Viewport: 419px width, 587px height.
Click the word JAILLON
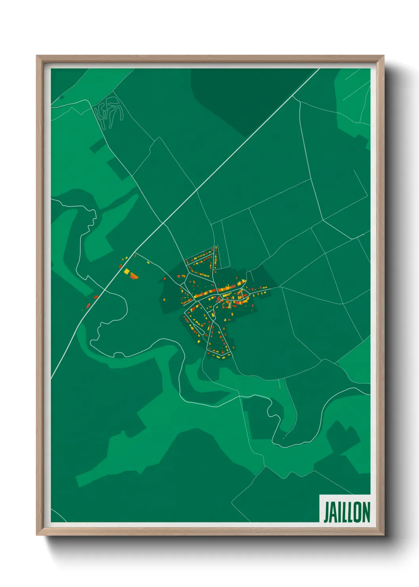pos(347,512)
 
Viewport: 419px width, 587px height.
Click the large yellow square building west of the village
pos(127,271)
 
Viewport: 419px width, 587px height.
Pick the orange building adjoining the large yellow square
pos(133,276)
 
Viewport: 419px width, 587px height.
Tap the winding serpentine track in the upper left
pos(108,111)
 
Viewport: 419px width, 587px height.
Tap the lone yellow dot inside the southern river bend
pos(284,438)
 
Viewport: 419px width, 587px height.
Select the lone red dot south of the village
pos(278,387)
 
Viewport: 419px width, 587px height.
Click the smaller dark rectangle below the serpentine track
pos(95,147)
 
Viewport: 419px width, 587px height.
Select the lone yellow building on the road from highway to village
pos(149,262)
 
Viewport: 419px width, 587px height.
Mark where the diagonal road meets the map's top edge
pos(319,69)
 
